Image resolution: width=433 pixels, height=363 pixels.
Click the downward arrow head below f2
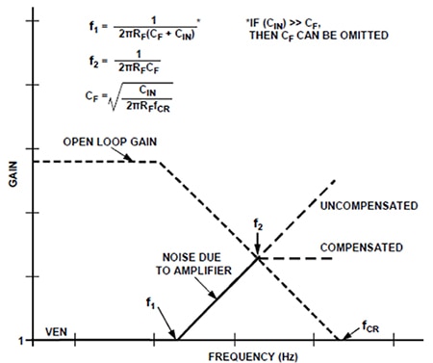(258, 252)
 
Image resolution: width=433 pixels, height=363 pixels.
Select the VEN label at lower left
(57, 330)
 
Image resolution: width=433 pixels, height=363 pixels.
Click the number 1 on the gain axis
(19, 340)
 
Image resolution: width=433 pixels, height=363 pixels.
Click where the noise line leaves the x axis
(177, 339)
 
